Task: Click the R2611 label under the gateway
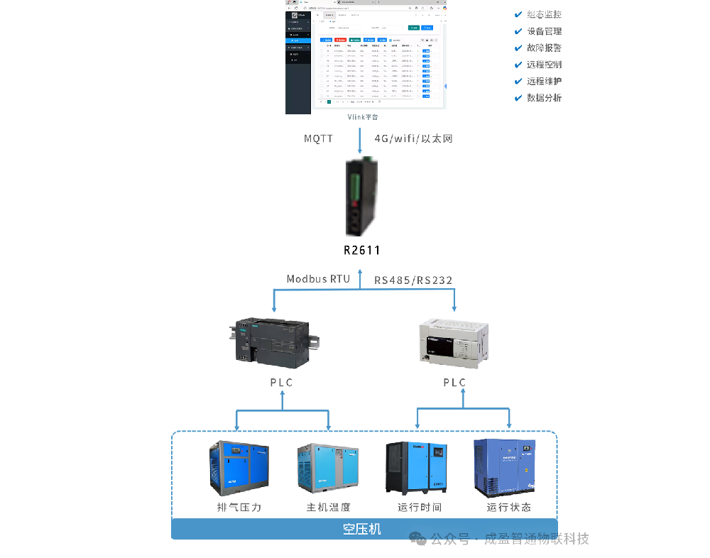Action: tap(362, 250)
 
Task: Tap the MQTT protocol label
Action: tap(319, 139)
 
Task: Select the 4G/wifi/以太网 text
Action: tap(413, 139)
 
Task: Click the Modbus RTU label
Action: tap(318, 279)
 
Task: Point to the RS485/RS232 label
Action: tap(413, 280)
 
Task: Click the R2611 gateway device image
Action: tap(360, 199)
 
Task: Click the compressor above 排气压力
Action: tap(239, 469)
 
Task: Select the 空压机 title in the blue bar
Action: tap(362, 529)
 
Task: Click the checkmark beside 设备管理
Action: tap(519, 31)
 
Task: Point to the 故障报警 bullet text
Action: tap(544, 48)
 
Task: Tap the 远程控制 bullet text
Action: tap(544, 65)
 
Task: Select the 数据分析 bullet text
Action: tap(544, 98)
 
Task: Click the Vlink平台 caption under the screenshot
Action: tap(363, 117)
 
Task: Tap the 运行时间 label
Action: tap(420, 507)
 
